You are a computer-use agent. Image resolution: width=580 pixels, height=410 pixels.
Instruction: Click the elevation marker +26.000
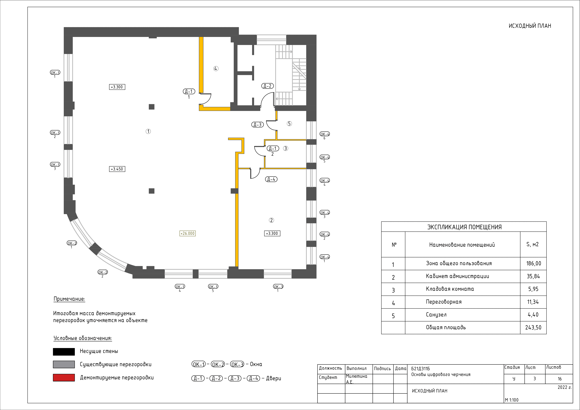[187, 233]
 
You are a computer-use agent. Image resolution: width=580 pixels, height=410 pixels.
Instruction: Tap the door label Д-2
[267, 86]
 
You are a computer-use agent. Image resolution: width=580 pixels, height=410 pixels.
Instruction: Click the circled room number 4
[216, 69]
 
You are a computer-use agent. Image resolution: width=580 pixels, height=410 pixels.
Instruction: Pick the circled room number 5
[289, 124]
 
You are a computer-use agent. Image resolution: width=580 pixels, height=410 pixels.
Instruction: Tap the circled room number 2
[271, 220]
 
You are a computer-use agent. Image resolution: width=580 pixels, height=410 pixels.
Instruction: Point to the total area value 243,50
[533, 327]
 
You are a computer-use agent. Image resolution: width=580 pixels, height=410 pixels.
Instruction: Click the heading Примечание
[69, 299]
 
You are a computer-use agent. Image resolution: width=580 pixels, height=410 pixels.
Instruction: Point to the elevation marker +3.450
[117, 169]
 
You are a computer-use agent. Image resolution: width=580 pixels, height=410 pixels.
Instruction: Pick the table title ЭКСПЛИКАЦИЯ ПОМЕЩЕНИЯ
[464, 227]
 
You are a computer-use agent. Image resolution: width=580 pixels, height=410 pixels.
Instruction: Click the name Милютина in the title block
[356, 376]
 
